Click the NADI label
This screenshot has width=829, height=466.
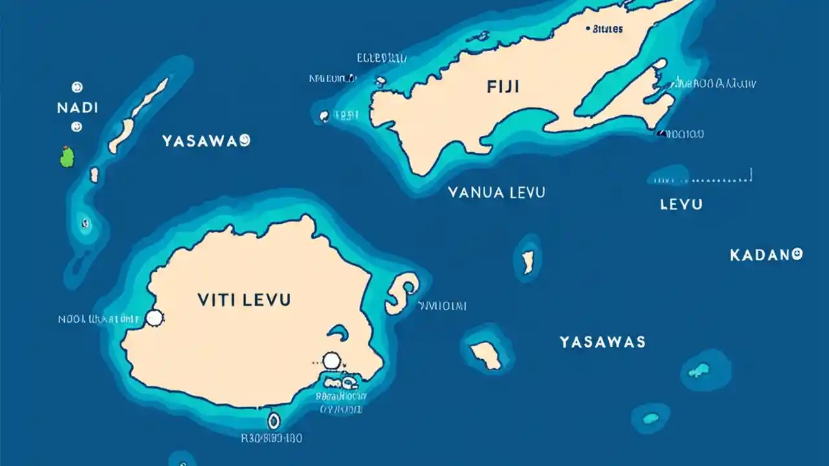[78, 107]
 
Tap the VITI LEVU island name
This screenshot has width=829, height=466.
[244, 300]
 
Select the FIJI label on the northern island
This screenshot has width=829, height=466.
[503, 87]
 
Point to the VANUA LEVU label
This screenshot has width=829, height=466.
[496, 192]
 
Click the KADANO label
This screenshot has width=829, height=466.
[766, 255]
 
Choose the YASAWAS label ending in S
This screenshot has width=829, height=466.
[602, 342]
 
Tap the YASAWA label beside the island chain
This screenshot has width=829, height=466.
[206, 141]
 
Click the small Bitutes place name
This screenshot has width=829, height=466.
[608, 29]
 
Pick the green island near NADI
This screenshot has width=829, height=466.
[67, 157]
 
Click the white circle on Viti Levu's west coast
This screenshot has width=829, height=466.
[154, 317]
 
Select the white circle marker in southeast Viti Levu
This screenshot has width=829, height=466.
[331, 361]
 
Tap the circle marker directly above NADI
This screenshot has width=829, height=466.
[77, 87]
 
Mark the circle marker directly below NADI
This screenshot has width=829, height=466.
[76, 127]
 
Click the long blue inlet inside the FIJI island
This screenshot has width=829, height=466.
[615, 91]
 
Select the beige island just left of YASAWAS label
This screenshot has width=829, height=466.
[486, 355]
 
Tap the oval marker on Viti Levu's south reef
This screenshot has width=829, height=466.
[273, 421]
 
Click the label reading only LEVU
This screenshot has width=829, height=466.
[681, 205]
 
